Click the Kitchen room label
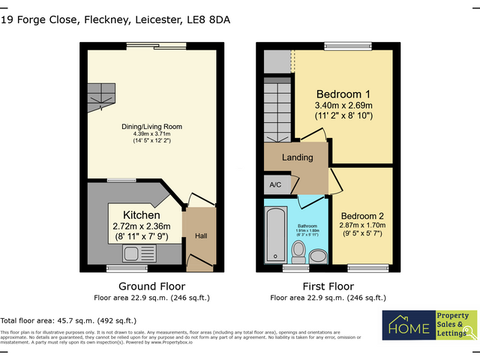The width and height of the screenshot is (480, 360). [x=141, y=214]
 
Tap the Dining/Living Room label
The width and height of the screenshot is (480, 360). [x=152, y=127]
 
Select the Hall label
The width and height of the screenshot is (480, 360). [x=201, y=236]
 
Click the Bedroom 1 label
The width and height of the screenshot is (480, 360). [x=343, y=94]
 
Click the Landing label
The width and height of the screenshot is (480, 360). [x=297, y=158]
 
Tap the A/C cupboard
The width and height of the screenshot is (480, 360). [x=274, y=183]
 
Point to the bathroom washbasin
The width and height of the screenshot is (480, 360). [x=317, y=256]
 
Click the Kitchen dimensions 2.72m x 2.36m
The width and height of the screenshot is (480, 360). [x=141, y=226]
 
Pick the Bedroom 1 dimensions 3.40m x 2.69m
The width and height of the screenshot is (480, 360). [x=343, y=106]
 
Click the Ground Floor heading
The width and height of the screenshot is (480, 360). [x=152, y=286]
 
